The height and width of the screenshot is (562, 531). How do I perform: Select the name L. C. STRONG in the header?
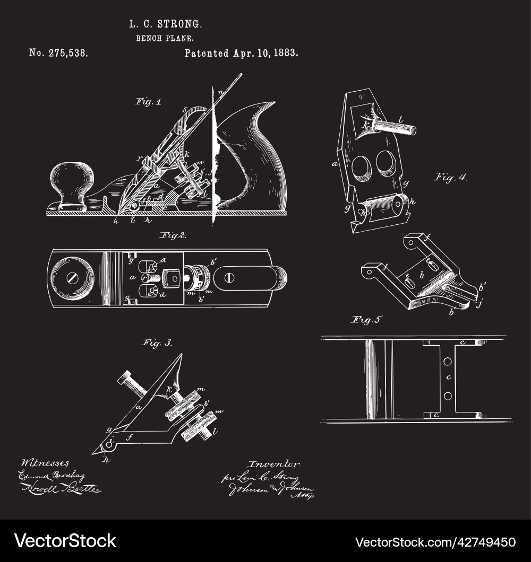point(166,24)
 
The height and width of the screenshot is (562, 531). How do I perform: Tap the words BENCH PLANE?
point(165,38)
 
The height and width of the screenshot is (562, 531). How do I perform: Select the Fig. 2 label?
point(172,235)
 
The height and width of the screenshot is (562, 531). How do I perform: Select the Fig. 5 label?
point(367,319)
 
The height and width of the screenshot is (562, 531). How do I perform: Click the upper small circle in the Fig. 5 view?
point(448,361)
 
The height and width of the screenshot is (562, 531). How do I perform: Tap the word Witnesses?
point(45,463)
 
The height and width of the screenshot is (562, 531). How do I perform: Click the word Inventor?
point(275,464)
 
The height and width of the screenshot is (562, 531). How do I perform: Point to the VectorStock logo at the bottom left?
point(65,541)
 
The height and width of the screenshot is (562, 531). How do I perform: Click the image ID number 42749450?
point(482,542)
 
